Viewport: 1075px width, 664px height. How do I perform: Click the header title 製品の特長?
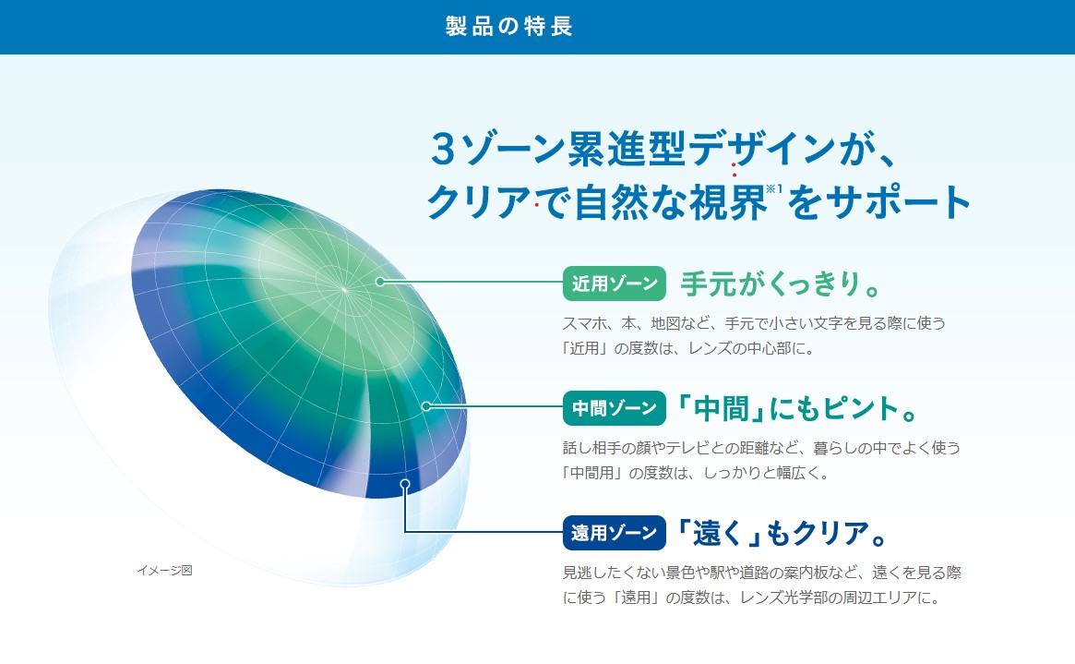508,26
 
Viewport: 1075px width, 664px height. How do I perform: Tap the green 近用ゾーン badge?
615,284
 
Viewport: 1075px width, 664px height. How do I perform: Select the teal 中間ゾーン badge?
615,408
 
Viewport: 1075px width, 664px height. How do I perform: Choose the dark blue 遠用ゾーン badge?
615,533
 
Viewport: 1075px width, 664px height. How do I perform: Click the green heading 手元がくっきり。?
781,284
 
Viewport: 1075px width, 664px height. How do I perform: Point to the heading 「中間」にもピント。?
796,408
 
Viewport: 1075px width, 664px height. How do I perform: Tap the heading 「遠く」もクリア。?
781,533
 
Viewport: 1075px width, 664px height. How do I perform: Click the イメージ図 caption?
164,570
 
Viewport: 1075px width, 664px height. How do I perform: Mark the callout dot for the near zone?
380,282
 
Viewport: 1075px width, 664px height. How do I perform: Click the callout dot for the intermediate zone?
425,406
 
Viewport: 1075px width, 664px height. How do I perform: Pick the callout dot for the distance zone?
405,484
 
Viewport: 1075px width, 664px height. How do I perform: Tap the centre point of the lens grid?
344,290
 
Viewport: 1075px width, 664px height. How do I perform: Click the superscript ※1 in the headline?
774,188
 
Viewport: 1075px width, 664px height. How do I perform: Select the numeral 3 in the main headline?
444,149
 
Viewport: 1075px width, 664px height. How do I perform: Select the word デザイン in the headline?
762,149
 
